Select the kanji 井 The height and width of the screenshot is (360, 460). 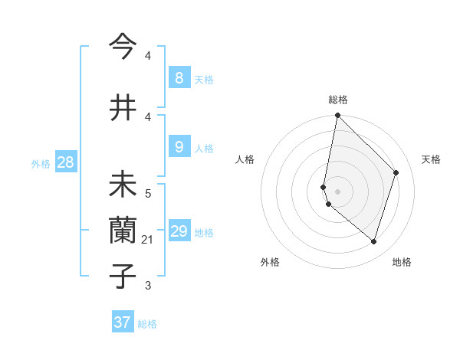click(x=123, y=107)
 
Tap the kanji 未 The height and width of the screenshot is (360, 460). click(x=123, y=185)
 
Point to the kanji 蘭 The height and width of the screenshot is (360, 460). click(x=123, y=230)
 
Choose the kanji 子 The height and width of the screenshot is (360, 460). click(x=123, y=275)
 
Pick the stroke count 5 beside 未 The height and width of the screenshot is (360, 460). click(x=148, y=194)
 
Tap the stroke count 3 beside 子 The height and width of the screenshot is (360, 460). click(x=148, y=286)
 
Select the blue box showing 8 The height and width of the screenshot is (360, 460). click(x=179, y=78)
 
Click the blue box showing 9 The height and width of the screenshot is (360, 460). click(x=179, y=147)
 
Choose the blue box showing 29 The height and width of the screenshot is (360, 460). click(x=179, y=231)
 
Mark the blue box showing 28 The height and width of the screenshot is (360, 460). click(x=65, y=162)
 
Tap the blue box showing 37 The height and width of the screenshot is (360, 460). click(x=123, y=322)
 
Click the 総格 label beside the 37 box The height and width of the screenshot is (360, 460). click(x=147, y=324)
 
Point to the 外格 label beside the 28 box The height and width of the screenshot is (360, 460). click(x=41, y=163)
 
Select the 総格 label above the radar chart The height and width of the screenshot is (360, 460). click(x=338, y=100)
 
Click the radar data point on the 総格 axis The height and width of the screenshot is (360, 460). click(x=337, y=116)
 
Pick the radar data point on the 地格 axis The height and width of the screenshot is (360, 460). click(x=373, y=241)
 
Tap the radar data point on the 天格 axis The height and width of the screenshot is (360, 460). click(x=396, y=172)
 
